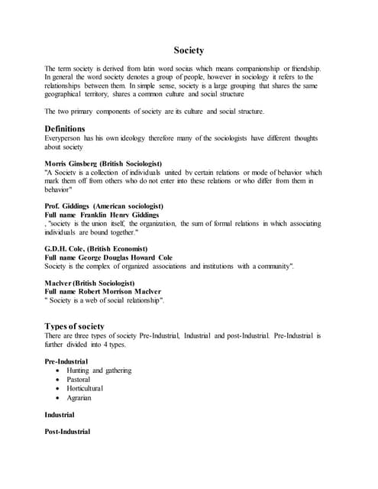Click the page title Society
coord(189,50)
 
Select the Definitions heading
coord(65,128)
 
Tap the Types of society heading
coord(75,325)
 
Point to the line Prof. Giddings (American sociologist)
coord(104,206)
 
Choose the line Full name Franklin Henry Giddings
coord(102,215)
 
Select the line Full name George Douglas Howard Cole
coord(108,257)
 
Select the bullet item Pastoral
coord(79,380)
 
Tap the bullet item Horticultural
coord(85,389)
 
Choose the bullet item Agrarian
coord(79,398)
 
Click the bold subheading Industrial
coord(60,415)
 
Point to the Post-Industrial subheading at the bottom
coord(67,432)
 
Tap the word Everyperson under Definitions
coord(65,138)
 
